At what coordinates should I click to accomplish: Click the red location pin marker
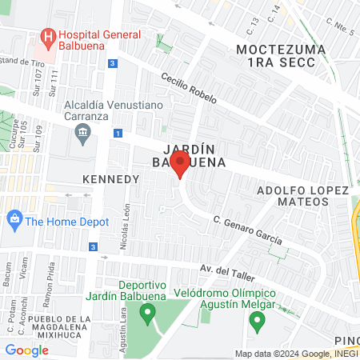(180, 165)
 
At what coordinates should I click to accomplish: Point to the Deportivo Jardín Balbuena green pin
(146, 317)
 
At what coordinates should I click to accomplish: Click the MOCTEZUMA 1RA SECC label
(280, 56)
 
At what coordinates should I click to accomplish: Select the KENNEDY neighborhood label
(111, 179)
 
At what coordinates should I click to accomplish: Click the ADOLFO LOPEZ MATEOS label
(302, 196)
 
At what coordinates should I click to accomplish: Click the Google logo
(26, 350)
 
